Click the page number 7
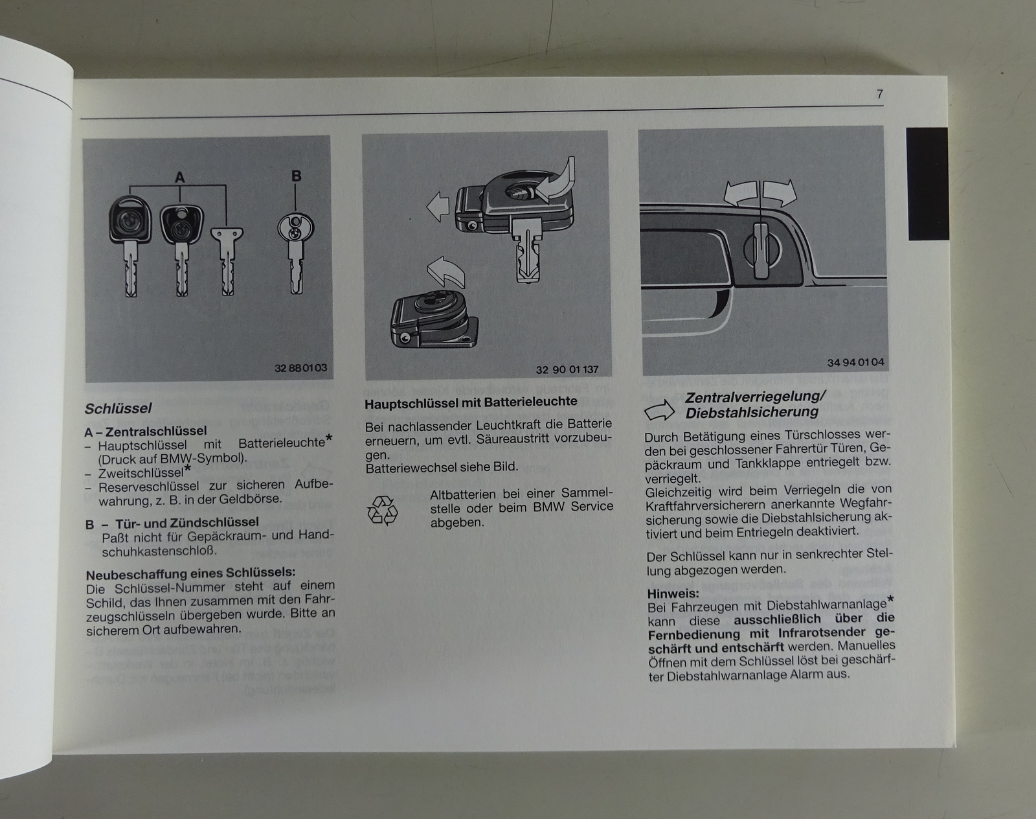point(879,94)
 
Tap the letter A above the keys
point(180,178)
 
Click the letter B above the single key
point(297,176)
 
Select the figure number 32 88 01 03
point(300,368)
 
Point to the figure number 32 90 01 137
point(567,369)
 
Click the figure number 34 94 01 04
point(855,362)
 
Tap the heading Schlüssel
point(118,409)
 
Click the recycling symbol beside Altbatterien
point(382,510)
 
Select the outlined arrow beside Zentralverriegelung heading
point(660,410)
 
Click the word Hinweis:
point(673,593)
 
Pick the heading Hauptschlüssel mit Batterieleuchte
point(471,402)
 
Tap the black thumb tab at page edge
point(928,183)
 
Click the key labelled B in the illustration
point(296,253)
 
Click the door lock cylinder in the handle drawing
point(761,249)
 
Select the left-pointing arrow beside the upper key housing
point(438,207)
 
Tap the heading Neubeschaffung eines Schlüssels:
point(190,573)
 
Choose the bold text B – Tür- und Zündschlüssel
point(172,523)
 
